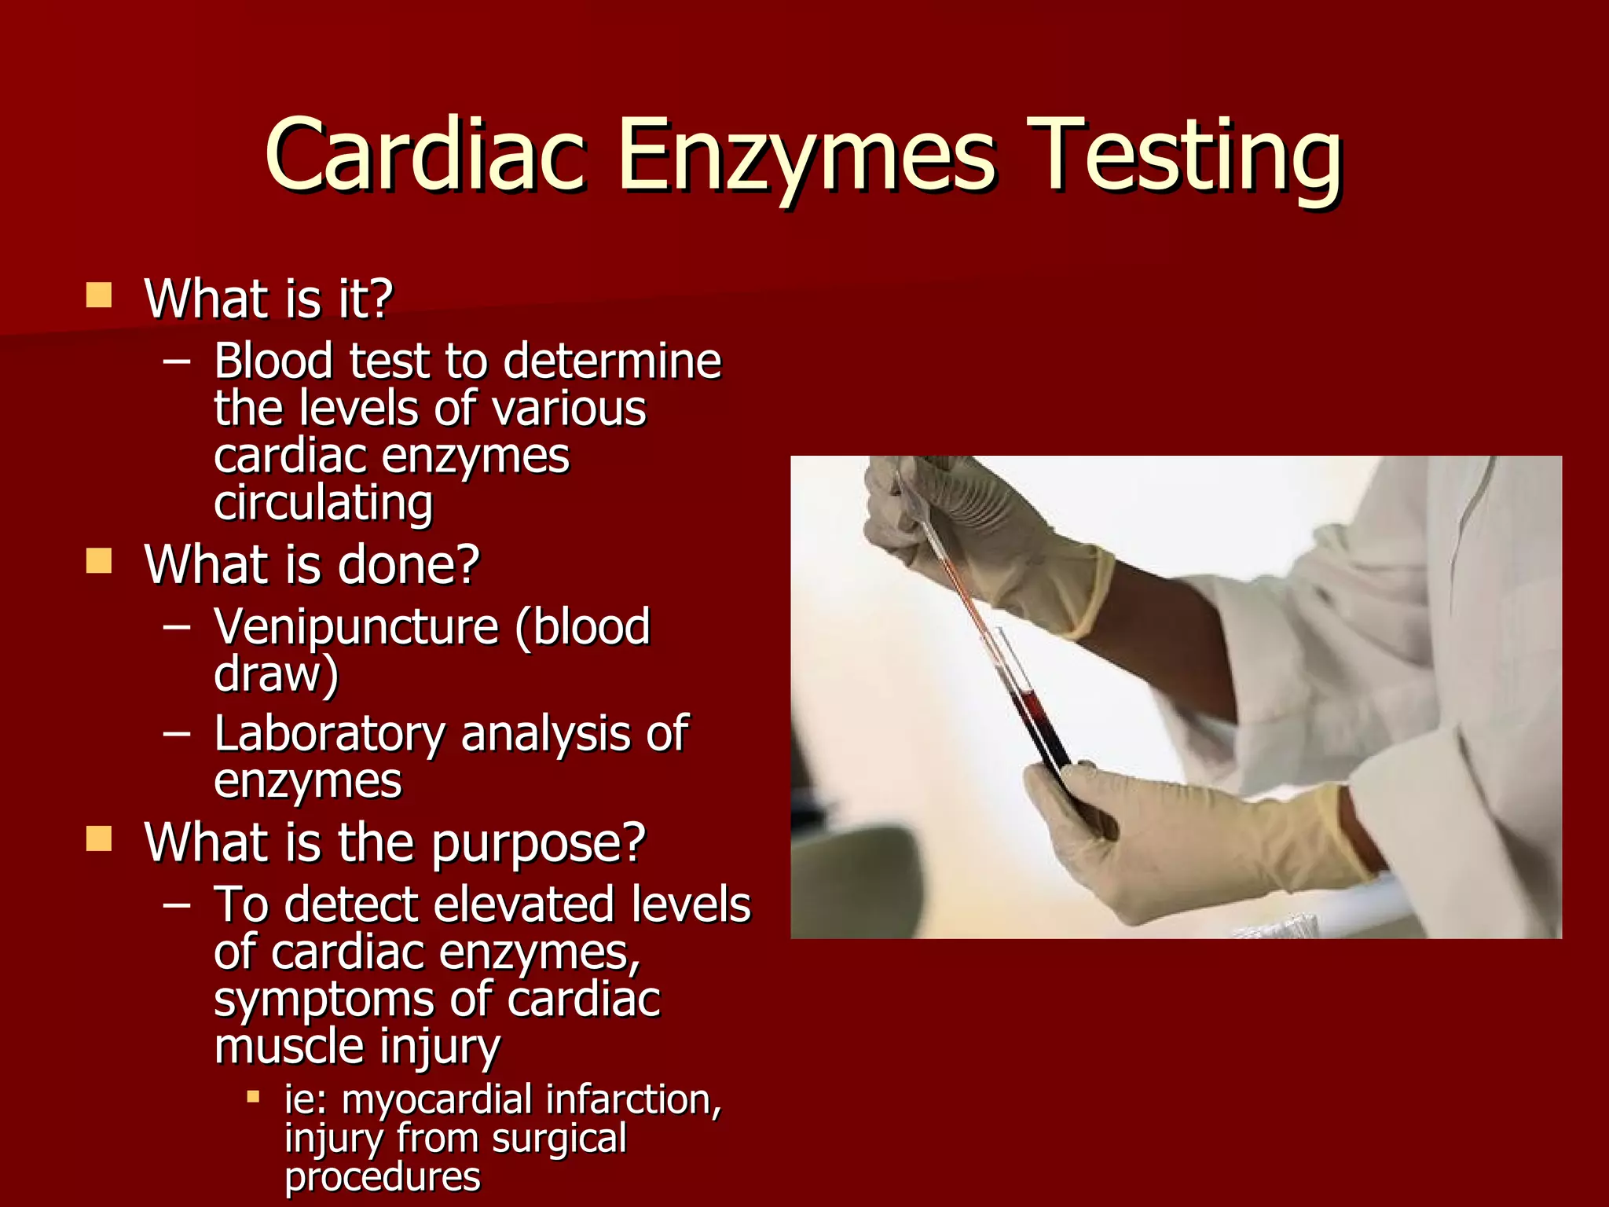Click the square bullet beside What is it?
tap(99, 295)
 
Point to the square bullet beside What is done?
tap(99, 561)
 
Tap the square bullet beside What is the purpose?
tap(99, 838)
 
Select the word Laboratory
tap(329, 736)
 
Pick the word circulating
tap(323, 504)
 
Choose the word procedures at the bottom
tap(382, 1177)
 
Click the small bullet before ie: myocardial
tap(253, 1096)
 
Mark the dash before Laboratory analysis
tap(177, 734)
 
